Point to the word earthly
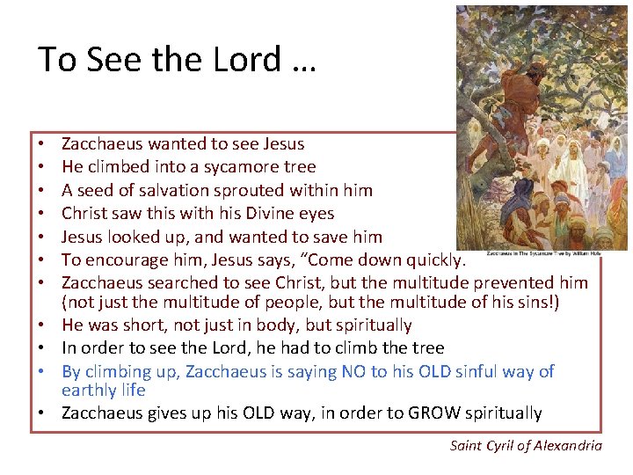coord(89,391)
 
